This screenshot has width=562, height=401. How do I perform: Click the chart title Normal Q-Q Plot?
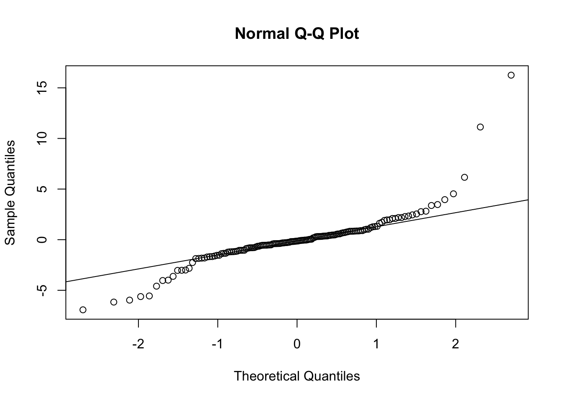297,33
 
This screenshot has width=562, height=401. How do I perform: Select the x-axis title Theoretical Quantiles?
297,376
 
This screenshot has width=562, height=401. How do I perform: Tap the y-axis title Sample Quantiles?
10,193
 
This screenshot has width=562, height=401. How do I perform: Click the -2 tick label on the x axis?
138,344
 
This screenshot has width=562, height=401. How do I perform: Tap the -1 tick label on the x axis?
217,344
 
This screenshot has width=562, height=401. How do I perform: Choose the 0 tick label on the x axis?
297,344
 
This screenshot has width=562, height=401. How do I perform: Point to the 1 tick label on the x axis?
376,344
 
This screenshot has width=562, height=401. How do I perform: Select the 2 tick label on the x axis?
455,344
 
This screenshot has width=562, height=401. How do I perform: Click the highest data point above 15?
511,75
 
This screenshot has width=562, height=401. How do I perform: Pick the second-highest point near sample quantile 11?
480,127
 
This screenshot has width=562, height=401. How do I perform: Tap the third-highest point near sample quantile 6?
464,177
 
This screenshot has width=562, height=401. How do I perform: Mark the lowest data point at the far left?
83,310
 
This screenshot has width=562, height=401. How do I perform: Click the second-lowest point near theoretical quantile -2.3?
114,302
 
